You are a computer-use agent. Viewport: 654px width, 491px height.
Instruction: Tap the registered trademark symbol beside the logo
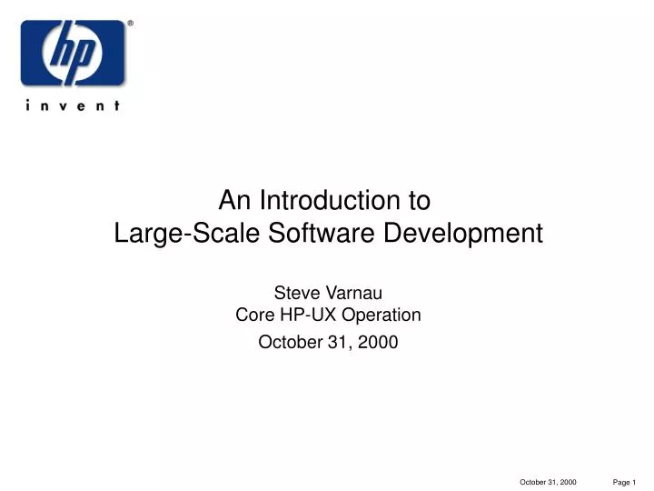tap(129, 25)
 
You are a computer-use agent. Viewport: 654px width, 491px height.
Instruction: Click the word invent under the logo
tap(73, 105)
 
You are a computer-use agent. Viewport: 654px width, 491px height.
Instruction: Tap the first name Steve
tap(295, 293)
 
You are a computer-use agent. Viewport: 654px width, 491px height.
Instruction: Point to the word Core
tap(254, 316)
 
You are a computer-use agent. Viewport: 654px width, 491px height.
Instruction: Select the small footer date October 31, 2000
tap(548, 481)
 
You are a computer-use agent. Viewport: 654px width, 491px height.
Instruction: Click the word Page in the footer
tap(621, 481)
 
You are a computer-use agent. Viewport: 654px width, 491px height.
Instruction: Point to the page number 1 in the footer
tap(636, 481)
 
